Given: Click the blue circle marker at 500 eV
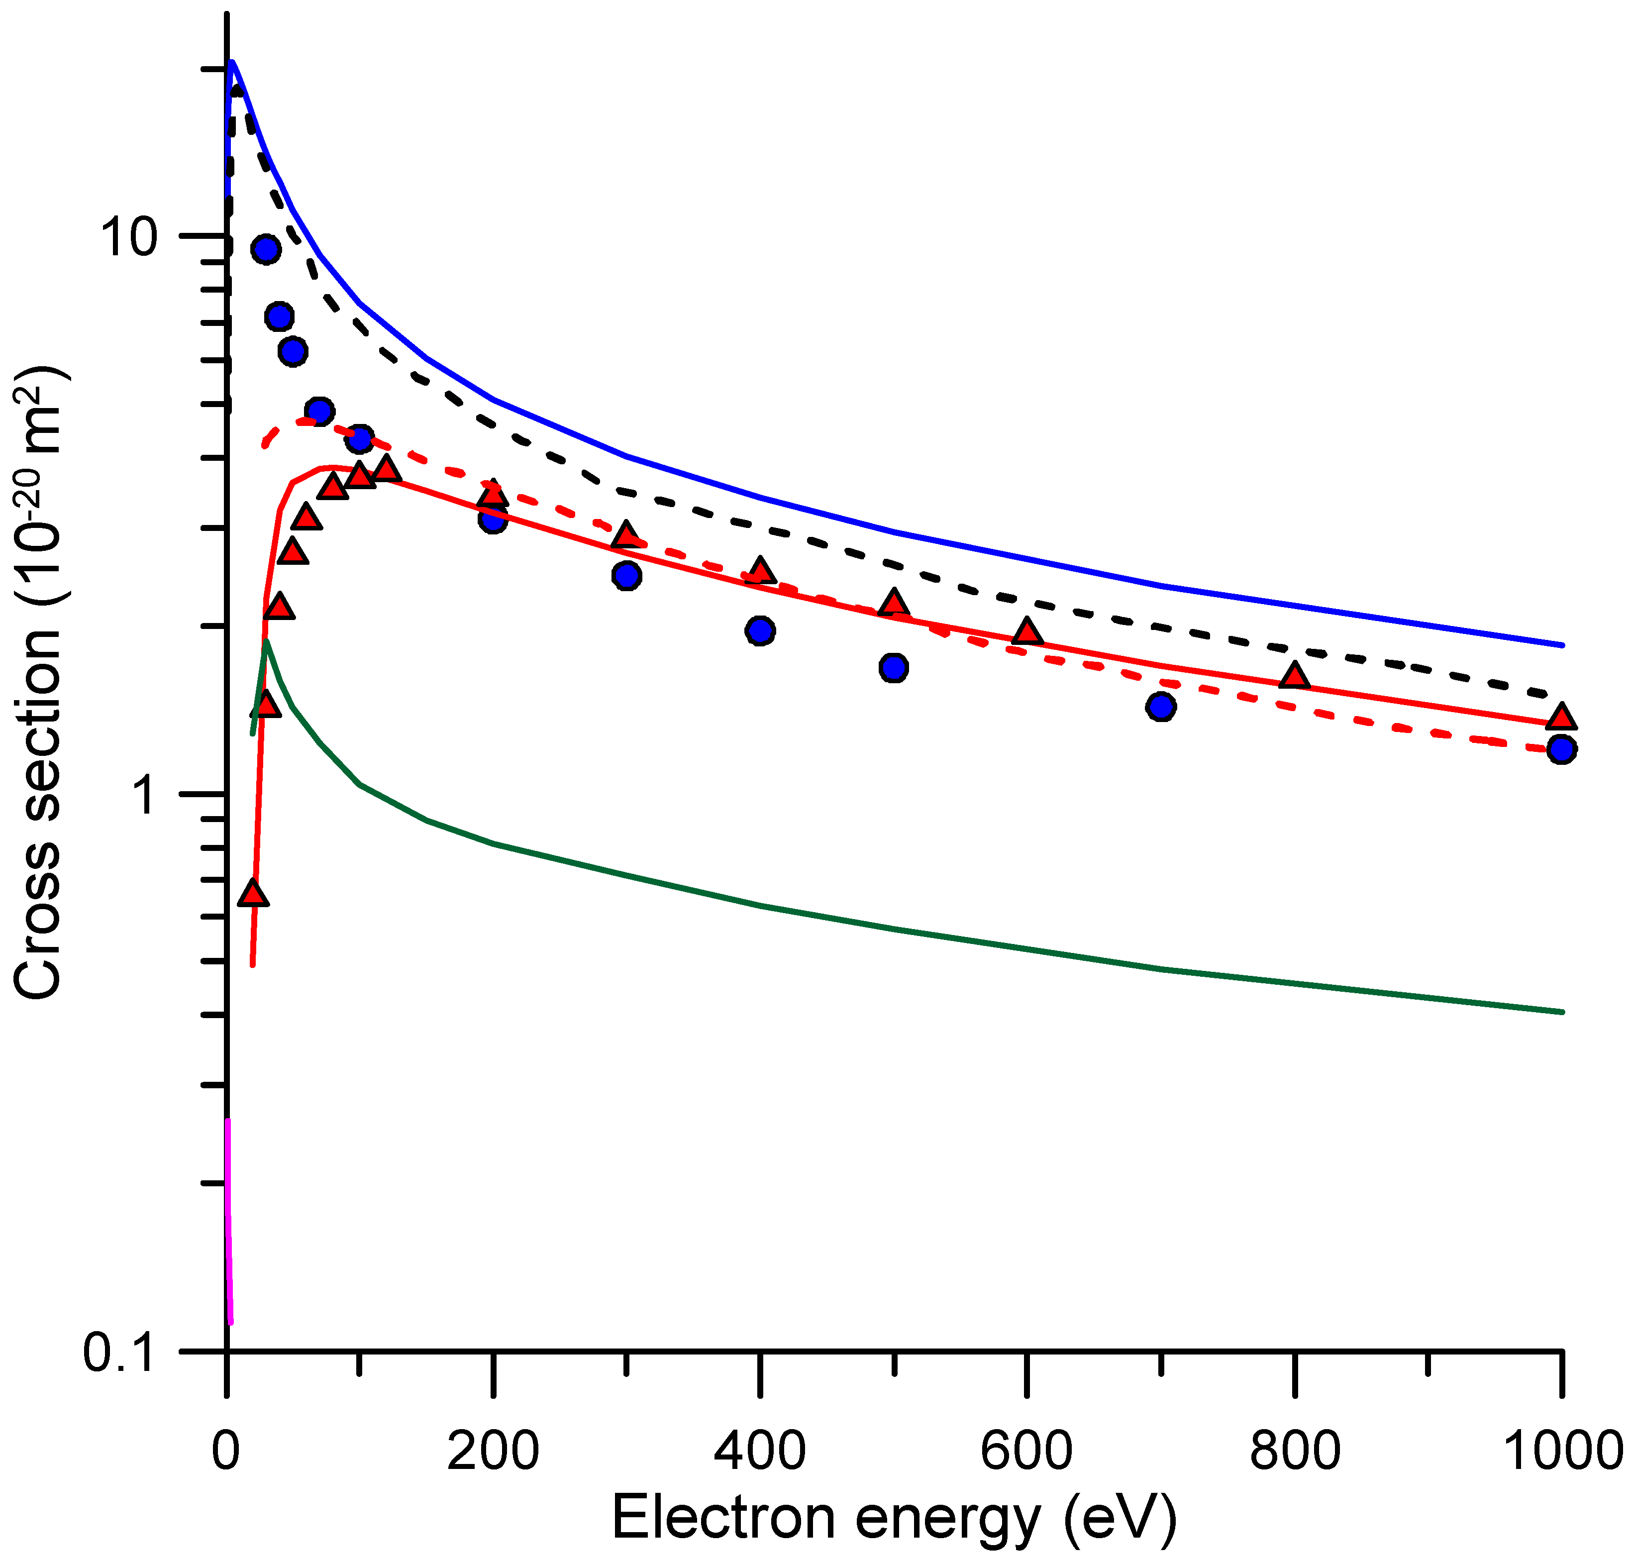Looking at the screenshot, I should pos(894,668).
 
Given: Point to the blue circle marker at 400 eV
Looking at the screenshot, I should pos(759,631).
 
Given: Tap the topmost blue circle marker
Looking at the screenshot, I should pos(266,249).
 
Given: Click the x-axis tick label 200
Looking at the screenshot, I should pos(493,1451).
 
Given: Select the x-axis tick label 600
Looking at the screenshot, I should pos(1026,1451).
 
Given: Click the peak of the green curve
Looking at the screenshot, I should pos(266,641).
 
